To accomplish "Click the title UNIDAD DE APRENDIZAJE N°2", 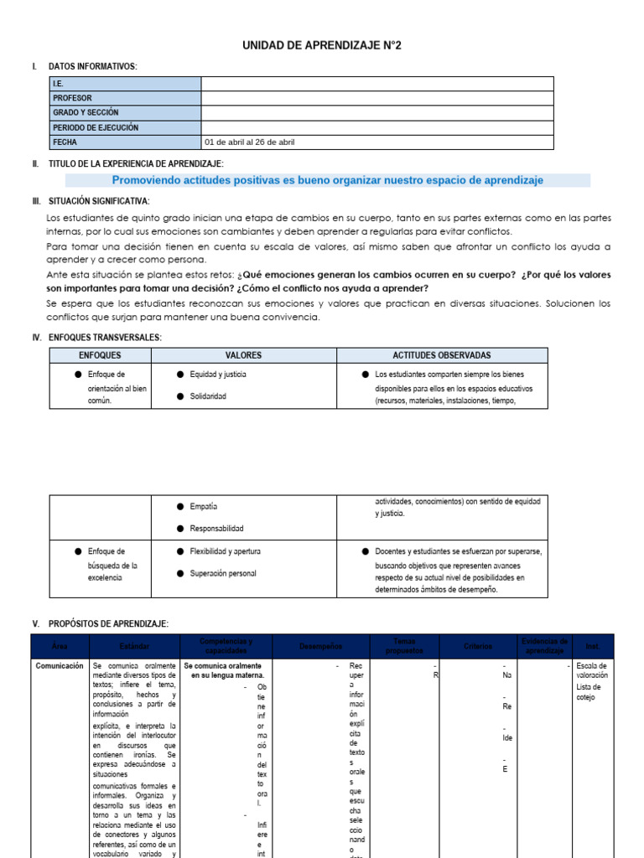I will (322, 45).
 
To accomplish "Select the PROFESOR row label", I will (73, 98).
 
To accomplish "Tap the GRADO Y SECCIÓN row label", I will (86, 112).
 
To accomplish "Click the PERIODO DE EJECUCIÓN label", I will (96, 127).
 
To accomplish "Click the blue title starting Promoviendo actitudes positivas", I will (327, 180).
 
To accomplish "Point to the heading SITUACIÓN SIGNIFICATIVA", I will (99, 201).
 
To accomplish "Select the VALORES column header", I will (243, 355).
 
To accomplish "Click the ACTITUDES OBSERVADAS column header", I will (441, 355).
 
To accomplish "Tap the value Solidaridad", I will (209, 396).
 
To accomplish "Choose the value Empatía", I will (204, 507).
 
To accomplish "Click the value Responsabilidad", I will (217, 529).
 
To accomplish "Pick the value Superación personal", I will (223, 574).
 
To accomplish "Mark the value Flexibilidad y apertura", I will (226, 551).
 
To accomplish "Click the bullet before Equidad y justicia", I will (180, 375).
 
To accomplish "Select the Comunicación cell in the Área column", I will (60, 666).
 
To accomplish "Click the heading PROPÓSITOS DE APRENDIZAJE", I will (108, 624).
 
